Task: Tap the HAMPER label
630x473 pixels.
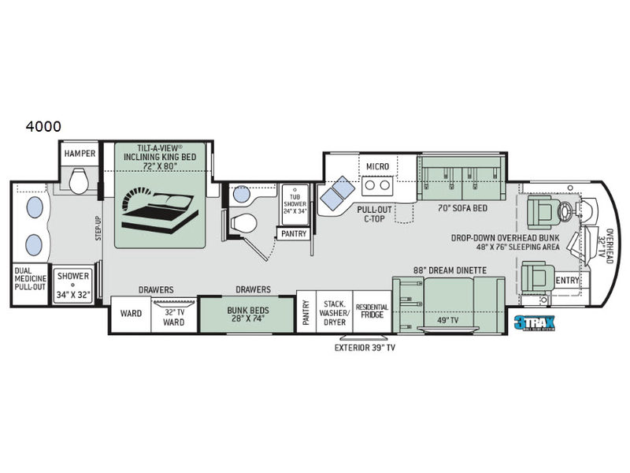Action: pos(80,154)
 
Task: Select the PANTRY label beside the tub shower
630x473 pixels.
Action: pos(291,233)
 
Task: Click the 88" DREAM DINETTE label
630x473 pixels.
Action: pos(450,270)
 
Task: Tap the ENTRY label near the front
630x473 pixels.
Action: pos(567,280)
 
